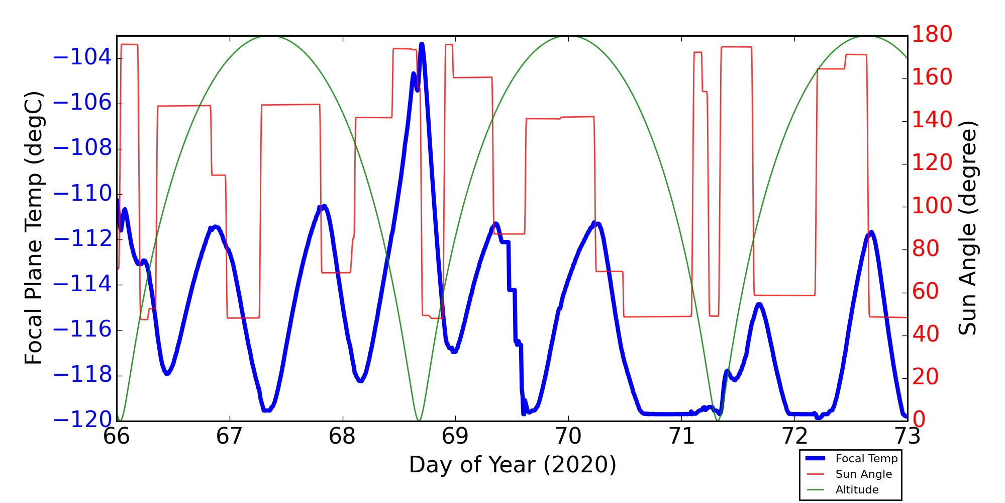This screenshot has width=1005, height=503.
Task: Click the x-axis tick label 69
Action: [x=455, y=437]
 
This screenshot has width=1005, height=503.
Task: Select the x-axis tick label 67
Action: [x=229, y=437]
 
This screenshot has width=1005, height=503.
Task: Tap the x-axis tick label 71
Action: [x=681, y=437]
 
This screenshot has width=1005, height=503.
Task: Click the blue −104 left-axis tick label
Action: [x=82, y=57]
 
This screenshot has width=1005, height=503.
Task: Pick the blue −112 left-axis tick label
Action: [x=82, y=239]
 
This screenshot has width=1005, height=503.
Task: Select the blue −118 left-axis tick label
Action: [x=82, y=375]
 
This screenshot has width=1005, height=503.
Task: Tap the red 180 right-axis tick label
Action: [x=932, y=35]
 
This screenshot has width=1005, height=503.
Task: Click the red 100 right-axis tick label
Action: [x=932, y=206]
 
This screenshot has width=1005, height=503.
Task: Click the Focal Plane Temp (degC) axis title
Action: [x=34, y=228]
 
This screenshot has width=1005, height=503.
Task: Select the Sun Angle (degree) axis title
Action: [x=967, y=228]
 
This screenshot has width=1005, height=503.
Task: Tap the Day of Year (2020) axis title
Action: [x=513, y=465]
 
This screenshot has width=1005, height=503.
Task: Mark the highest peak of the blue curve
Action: [x=422, y=44]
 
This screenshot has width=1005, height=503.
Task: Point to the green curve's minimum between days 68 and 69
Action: [x=419, y=421]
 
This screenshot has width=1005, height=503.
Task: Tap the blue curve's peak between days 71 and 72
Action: [x=759, y=304]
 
